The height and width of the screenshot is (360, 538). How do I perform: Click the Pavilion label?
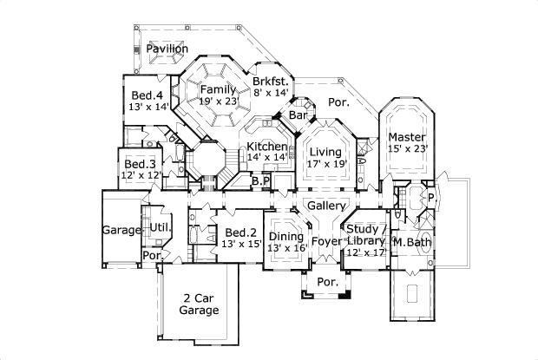(167, 49)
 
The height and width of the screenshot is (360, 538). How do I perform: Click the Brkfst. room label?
(271, 82)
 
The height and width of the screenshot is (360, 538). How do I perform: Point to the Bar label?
(299, 115)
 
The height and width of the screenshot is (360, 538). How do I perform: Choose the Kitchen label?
(266, 147)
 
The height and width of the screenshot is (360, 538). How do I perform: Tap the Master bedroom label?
(406, 137)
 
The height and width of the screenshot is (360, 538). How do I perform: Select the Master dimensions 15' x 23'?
(406, 149)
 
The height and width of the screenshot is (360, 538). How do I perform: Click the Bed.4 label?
(147, 95)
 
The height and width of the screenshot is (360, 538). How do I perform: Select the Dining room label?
(285, 236)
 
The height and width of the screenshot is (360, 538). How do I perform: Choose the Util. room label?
(160, 227)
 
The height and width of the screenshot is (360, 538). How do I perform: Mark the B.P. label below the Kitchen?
(260, 181)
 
